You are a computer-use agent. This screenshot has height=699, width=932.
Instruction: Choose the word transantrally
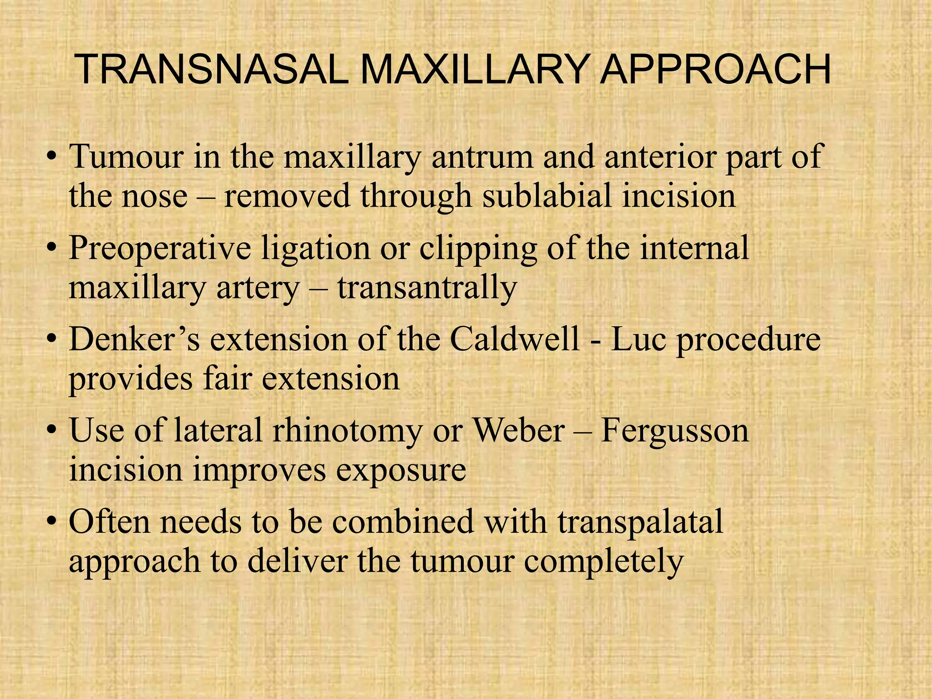427,288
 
